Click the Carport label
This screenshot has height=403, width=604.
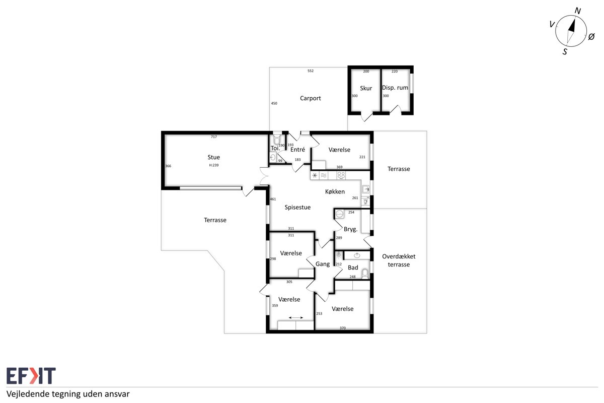(x=311, y=98)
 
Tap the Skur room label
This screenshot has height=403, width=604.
(x=366, y=88)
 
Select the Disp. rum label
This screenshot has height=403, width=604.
(x=395, y=88)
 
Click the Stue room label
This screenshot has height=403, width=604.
(x=213, y=157)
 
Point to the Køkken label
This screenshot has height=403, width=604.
(x=335, y=191)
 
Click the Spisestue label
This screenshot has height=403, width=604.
(x=297, y=208)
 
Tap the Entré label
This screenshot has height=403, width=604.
(x=297, y=150)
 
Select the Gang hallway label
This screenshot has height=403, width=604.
(x=323, y=264)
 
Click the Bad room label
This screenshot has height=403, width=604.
(x=353, y=267)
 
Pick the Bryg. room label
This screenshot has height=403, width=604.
(x=350, y=229)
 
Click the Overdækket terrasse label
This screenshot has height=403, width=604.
(x=399, y=260)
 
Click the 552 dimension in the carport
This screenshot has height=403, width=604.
(x=311, y=71)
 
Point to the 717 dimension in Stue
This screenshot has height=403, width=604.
(x=214, y=137)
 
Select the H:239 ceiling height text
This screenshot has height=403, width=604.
(x=214, y=165)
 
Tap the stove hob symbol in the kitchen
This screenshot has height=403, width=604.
(x=341, y=175)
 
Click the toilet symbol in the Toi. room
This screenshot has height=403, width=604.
(x=277, y=139)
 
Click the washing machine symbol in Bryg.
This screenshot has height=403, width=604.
(x=339, y=214)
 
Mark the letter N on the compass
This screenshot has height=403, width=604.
(x=578, y=11)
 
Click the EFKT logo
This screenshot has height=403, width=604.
(x=31, y=375)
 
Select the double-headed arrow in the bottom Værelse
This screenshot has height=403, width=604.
(x=296, y=318)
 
